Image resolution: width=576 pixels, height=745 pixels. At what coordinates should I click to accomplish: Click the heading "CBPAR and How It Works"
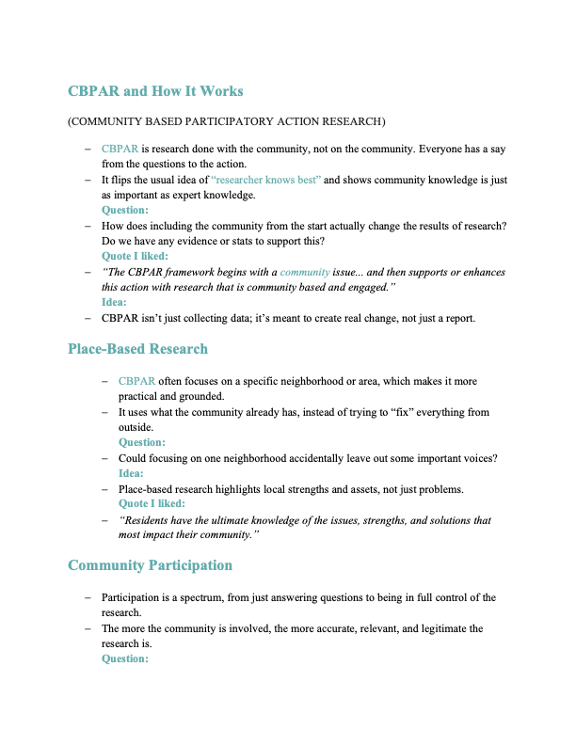155,91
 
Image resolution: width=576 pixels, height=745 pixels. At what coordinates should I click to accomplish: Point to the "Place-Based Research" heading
137,349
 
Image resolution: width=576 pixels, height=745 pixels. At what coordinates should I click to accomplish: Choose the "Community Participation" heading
150,565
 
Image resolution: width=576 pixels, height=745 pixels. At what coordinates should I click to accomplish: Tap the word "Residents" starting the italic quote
152,520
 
